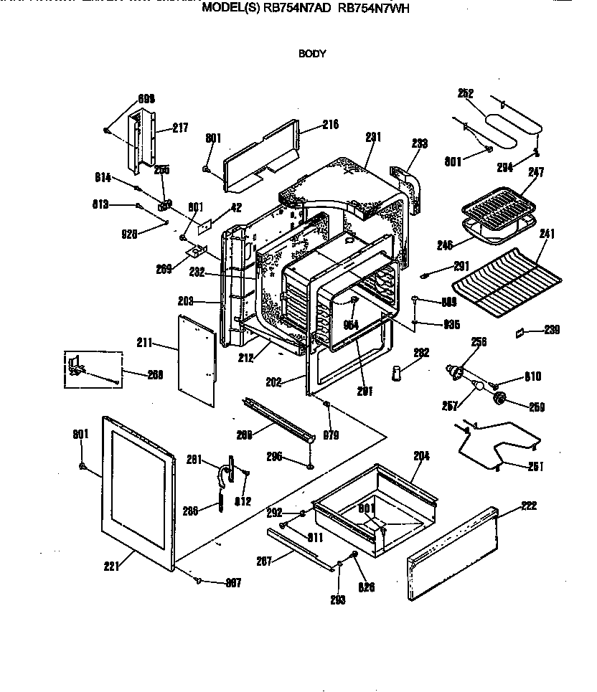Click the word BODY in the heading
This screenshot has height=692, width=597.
tap(312, 53)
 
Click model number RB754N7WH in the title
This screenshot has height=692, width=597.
tap(372, 9)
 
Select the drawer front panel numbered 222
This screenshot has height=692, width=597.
tap(452, 556)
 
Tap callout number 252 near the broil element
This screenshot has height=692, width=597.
tap(466, 93)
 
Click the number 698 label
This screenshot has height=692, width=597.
tap(146, 100)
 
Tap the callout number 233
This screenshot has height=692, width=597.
tap(419, 143)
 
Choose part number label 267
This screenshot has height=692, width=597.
tap(264, 561)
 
